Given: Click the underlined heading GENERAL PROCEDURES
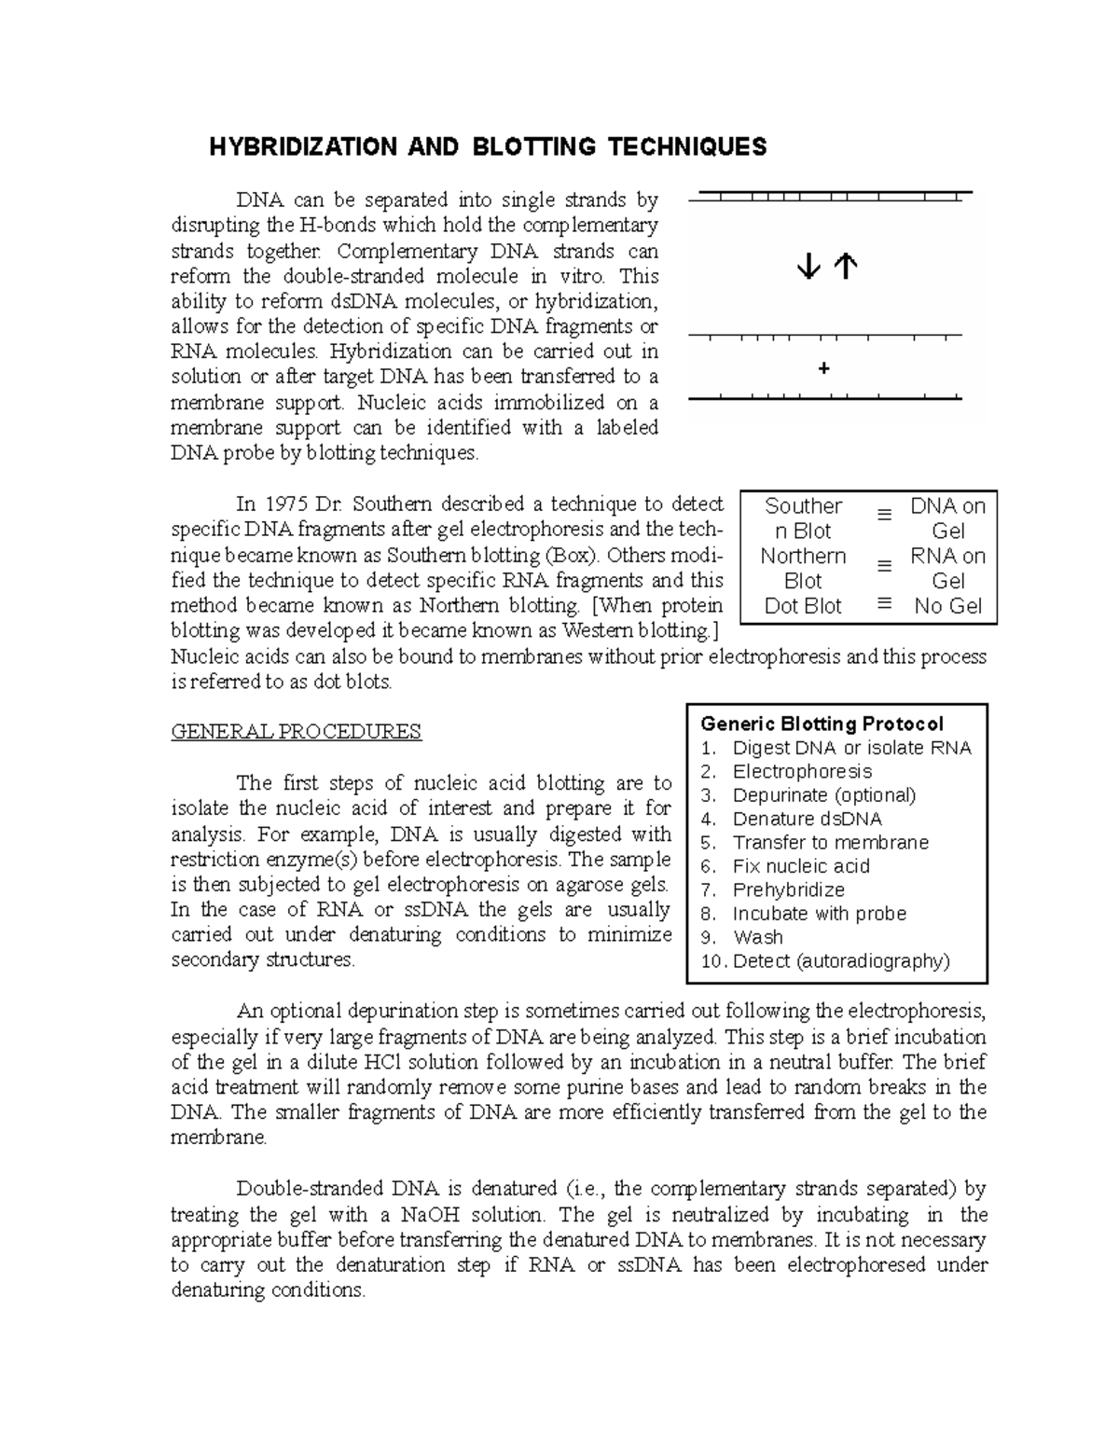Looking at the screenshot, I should coord(297,732).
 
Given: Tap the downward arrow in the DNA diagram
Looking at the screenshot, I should coord(808,269).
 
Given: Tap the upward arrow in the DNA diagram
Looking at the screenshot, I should coord(845,269).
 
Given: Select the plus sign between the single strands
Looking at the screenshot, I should coord(823,369).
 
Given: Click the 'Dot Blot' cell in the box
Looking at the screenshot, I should coord(803,606).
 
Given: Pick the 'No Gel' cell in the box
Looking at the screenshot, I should coord(947,606).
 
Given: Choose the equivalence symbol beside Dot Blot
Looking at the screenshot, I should coord(884,604).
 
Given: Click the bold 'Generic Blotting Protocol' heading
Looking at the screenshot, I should coord(822,724).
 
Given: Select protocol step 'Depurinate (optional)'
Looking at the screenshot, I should coord(824,795).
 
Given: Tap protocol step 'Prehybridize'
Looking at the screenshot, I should coord(789,890).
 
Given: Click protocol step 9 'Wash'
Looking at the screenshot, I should coord(758,938).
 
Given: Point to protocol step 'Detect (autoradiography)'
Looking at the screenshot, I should coord(841,961).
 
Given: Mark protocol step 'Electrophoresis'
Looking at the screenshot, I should coord(802,772).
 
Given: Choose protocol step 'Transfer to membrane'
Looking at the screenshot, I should coord(831,843).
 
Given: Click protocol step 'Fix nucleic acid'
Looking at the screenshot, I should coord(801,866).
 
